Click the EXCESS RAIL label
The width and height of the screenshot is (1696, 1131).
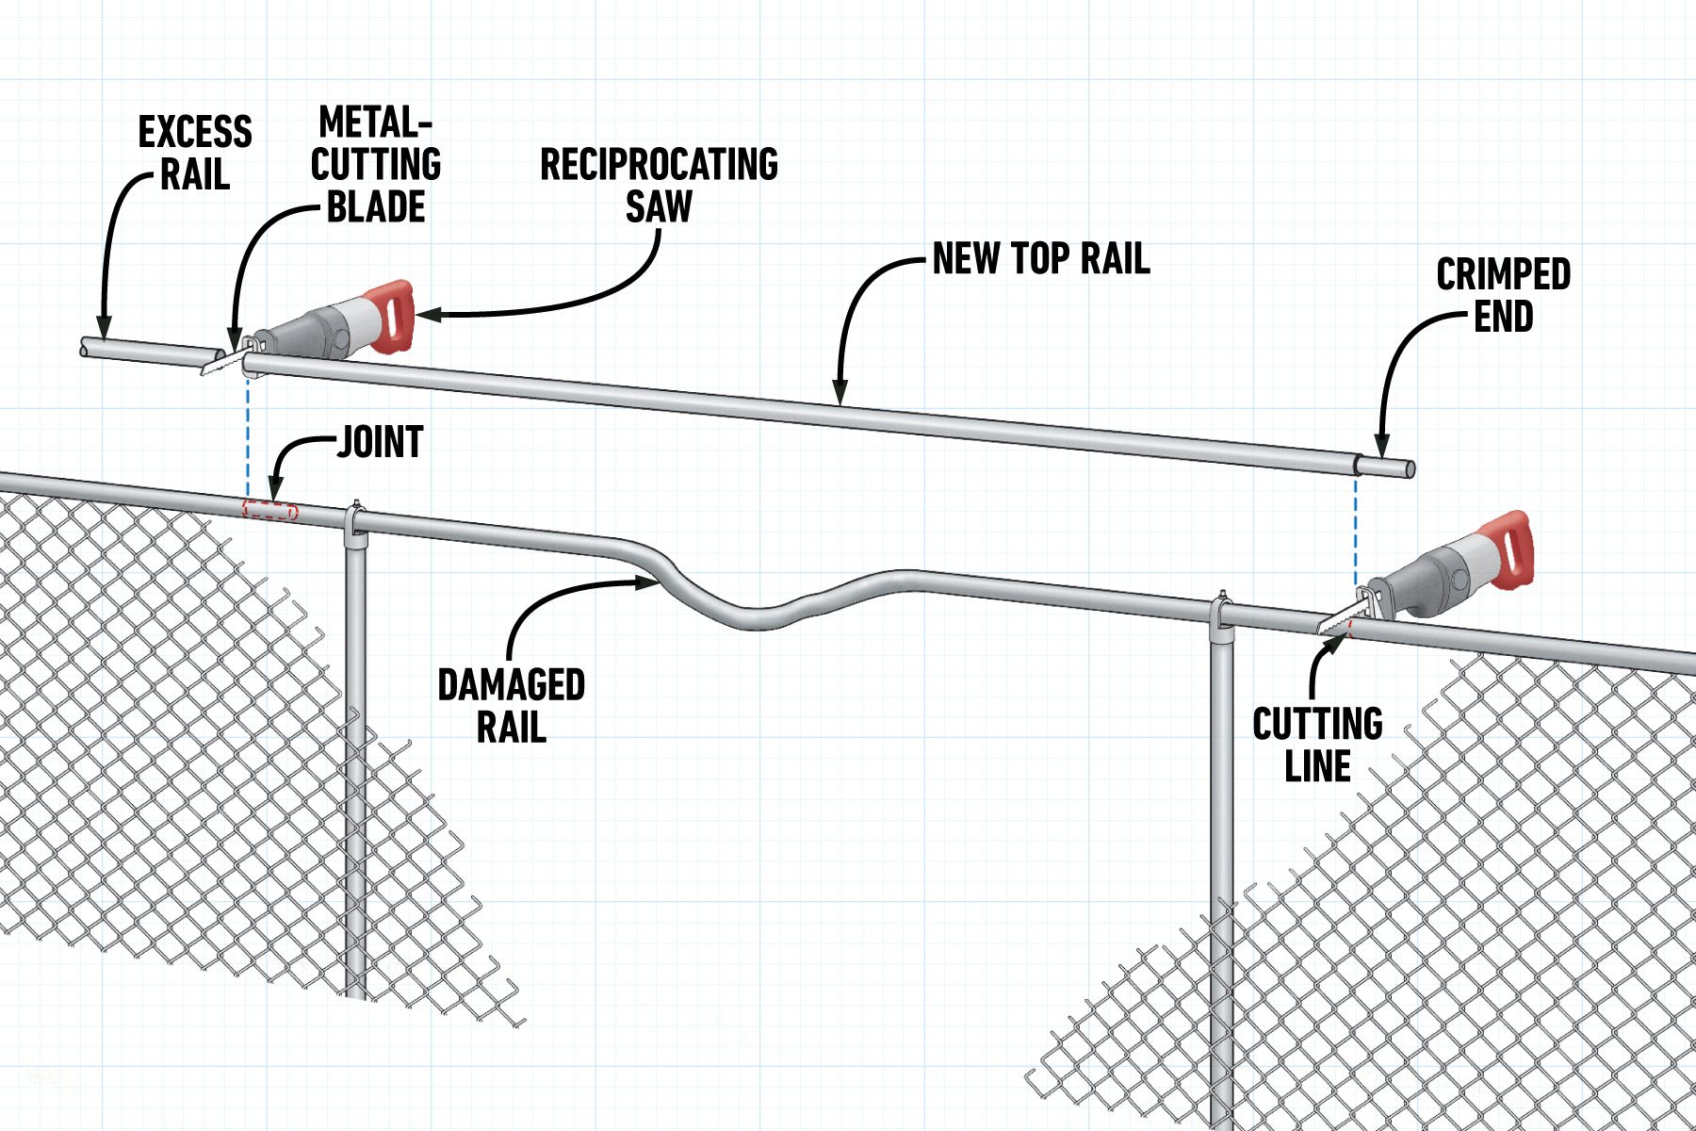[x=195, y=153]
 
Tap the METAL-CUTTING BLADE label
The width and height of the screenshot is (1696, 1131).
[x=376, y=165]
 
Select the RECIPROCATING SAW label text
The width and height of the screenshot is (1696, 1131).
[x=659, y=185]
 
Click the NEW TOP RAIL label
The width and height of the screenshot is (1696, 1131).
[x=1041, y=258]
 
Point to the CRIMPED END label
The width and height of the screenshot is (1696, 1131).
[x=1503, y=295]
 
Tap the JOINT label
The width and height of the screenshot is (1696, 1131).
[x=381, y=442]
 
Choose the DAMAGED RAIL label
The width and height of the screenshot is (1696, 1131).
[x=511, y=705]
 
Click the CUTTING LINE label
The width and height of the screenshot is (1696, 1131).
[x=1317, y=745]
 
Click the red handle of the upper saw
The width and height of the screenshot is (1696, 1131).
[x=394, y=316]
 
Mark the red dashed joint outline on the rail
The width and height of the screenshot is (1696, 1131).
[x=270, y=511]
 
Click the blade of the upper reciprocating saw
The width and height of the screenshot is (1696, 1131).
[x=220, y=363]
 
